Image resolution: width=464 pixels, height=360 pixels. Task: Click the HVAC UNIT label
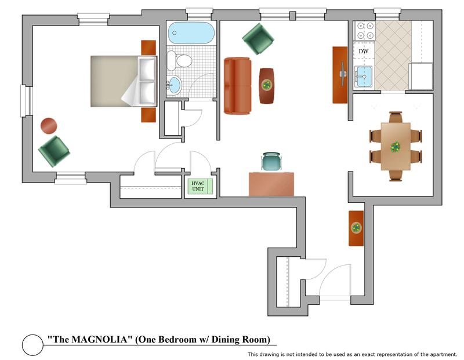pyautogui.click(x=198, y=186)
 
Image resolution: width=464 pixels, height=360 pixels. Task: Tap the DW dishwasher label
pyautogui.click(x=364, y=52)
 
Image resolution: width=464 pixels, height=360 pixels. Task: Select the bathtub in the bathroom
pyautogui.click(x=191, y=34)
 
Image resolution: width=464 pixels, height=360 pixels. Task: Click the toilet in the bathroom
pyautogui.click(x=180, y=60)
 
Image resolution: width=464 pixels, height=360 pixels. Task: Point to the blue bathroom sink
pyautogui.click(x=173, y=85)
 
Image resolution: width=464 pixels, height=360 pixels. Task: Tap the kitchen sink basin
pyautogui.click(x=364, y=75)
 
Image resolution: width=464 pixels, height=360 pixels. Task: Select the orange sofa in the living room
pyautogui.click(x=237, y=85)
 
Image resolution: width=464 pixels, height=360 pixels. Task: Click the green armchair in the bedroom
pyautogui.click(x=54, y=151)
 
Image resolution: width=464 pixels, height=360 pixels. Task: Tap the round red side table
pyautogui.click(x=49, y=126)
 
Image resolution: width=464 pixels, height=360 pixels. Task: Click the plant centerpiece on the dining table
pyautogui.click(x=396, y=146)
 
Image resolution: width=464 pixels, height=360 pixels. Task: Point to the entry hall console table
pyautogui.click(x=356, y=228)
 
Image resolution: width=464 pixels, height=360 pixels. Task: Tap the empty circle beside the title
pyautogui.click(x=32, y=345)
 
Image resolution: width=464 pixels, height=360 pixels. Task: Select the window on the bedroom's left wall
pyautogui.click(x=24, y=101)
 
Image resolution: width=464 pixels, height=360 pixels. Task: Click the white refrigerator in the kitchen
pyautogui.click(x=420, y=77)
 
